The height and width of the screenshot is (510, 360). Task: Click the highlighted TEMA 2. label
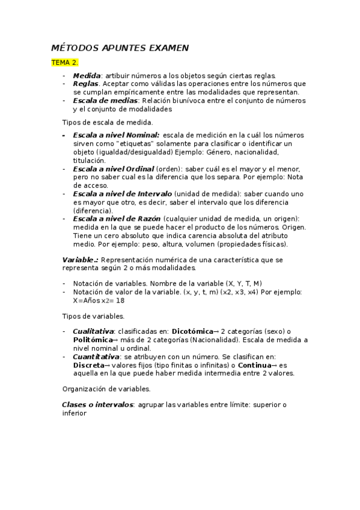pos(64,62)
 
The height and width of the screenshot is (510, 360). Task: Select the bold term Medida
pos(87,76)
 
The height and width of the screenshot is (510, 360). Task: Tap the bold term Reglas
pos(85,84)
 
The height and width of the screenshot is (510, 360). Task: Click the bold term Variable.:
pos(81,259)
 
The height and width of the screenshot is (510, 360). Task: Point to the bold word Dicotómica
pos(193,331)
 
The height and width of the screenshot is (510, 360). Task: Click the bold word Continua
pos(255,364)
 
